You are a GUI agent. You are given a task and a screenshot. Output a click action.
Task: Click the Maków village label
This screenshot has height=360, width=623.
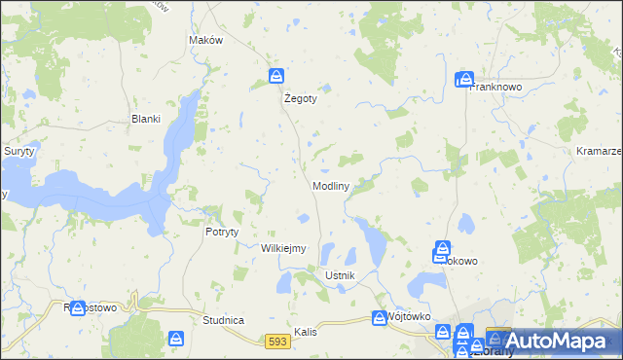coord(205,40)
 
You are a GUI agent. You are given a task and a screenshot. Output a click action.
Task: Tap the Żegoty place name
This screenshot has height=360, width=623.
coord(301,98)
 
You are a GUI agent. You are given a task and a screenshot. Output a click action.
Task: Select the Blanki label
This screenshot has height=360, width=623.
coord(145,120)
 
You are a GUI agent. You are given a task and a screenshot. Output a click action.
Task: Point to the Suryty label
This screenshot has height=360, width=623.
coord(18,152)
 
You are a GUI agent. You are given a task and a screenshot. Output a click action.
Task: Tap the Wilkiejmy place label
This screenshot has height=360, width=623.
coord(283,248)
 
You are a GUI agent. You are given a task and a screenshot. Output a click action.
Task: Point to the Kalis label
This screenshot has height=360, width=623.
coord(309,331)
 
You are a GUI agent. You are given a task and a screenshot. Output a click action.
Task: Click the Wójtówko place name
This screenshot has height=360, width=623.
coord(409,317)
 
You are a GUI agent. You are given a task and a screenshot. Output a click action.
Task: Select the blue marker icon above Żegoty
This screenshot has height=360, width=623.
coord(277,76)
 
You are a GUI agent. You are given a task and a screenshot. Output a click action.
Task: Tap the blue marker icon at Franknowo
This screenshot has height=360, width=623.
coord(464,79)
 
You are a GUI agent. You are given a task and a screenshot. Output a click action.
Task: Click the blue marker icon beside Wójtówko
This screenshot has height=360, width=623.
coord(380,317)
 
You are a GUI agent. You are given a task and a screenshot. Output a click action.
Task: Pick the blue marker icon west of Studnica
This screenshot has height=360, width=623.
coord(176,339)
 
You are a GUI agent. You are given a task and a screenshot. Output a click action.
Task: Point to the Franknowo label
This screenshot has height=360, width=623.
coord(497,87)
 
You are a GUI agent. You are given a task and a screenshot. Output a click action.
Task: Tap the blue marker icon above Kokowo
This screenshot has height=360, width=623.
coord(442,250)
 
